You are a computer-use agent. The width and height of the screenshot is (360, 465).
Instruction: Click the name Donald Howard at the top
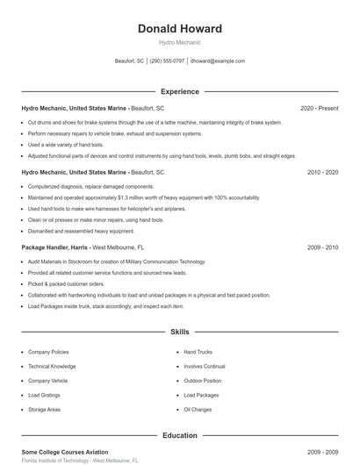(x=179, y=28)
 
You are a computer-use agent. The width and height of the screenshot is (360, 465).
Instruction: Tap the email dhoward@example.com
(x=217, y=61)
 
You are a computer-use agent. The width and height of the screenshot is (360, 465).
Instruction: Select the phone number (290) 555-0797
(x=167, y=61)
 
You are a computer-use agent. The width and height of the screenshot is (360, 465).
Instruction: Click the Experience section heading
(x=179, y=91)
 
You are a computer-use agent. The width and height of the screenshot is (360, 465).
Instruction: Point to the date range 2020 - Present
(x=319, y=108)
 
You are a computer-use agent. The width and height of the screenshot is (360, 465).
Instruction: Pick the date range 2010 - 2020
(x=322, y=173)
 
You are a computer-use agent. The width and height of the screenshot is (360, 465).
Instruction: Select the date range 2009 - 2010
(x=322, y=247)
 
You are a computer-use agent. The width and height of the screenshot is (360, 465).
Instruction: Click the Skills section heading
(x=179, y=333)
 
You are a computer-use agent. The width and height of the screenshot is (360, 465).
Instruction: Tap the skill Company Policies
(x=48, y=352)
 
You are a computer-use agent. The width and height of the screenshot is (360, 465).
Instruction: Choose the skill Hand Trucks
(x=198, y=352)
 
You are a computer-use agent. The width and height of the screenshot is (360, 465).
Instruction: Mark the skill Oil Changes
(x=198, y=410)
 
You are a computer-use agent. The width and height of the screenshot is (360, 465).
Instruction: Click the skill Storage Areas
(x=44, y=410)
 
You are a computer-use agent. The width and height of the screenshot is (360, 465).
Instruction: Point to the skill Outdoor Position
(x=203, y=381)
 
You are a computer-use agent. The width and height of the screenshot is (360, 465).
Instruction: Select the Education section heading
(x=179, y=435)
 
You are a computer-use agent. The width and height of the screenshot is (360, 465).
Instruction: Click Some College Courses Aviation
(x=64, y=452)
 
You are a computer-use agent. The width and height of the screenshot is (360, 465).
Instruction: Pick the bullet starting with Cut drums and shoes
(x=155, y=122)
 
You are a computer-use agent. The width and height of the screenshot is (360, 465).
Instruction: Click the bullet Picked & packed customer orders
(x=66, y=284)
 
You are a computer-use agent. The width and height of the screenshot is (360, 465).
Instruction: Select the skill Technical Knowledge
(x=52, y=366)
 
